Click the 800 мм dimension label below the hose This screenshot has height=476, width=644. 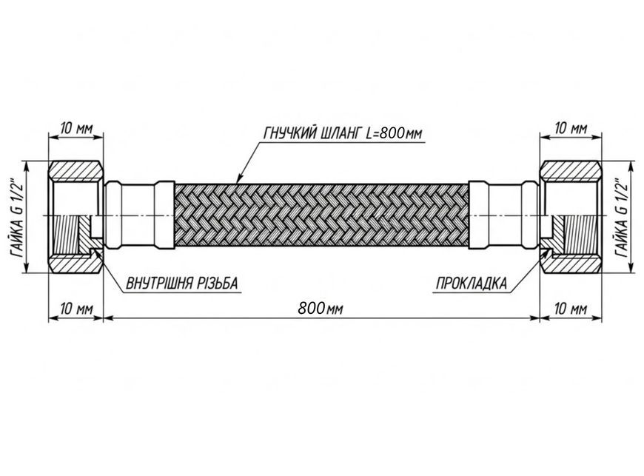coord(321,308)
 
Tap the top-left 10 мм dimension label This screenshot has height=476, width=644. coord(76,129)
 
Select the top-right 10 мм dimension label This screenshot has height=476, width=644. coord(571,129)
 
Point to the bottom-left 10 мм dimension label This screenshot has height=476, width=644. coord(76,309)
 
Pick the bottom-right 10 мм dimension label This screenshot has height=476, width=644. coord(571,309)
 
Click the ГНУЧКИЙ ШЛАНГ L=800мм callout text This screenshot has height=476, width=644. coord(343,133)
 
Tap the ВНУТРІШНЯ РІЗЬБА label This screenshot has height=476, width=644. coord(181,284)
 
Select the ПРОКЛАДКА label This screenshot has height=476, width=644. coord(471,284)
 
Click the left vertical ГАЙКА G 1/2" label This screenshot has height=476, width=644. coord(18,217)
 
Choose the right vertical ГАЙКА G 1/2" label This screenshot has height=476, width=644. coord(622,217)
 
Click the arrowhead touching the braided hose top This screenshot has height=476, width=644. coord(239,179)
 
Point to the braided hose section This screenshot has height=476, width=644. coord(322,215)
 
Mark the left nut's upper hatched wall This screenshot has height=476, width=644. coord(76,171)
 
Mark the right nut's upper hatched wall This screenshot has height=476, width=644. coord(571,171)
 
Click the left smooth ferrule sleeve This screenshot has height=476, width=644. coord(140,215)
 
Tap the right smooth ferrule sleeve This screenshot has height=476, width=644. coord(504,215)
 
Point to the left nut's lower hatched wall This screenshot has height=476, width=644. coord(76,263)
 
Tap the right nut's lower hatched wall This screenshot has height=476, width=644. coord(571,263)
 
